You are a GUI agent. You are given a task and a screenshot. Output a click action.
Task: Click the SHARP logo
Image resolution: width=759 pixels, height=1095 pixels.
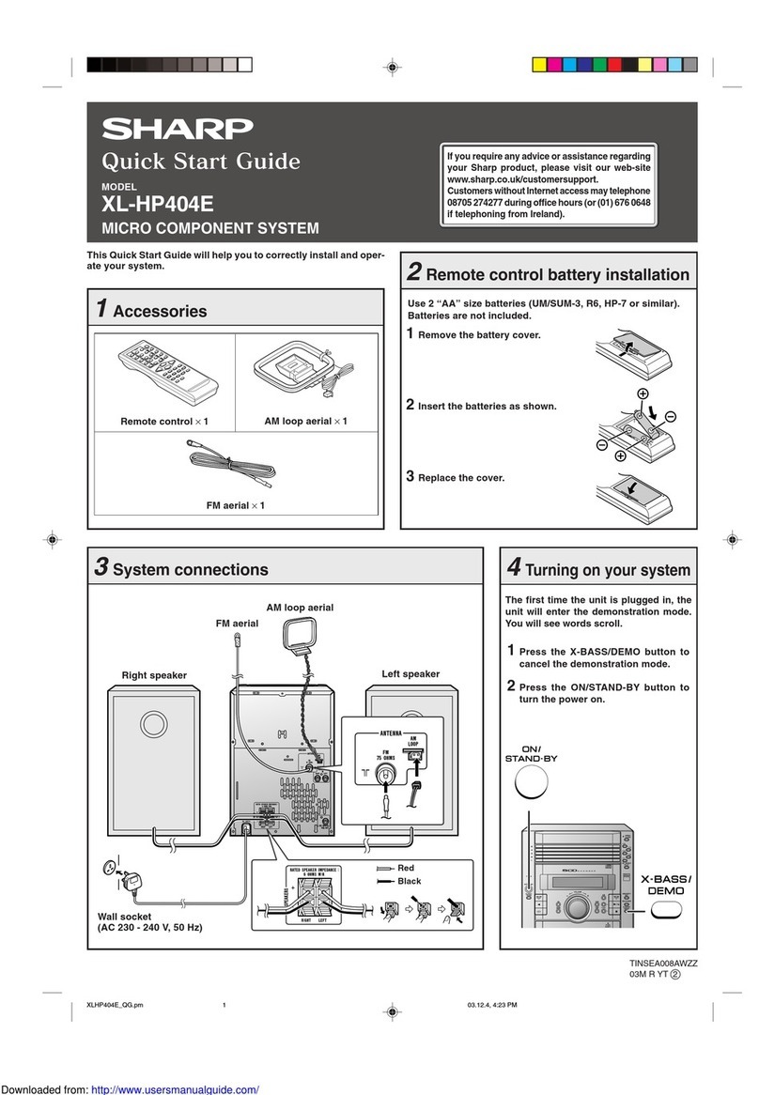pos(178,128)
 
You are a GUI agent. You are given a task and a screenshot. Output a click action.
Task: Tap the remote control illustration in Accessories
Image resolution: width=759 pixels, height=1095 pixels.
pos(163,370)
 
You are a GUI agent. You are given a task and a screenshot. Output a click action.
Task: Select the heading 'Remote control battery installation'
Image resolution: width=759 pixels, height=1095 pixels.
pos(558,274)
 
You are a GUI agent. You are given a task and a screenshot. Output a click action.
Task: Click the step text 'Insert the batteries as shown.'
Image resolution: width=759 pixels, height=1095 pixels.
pos(487,406)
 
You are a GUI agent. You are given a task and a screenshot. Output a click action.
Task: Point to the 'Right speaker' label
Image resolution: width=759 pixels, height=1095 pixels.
pos(153,674)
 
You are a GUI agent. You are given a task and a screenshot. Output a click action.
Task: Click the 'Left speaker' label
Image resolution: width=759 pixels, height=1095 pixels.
pos(410,673)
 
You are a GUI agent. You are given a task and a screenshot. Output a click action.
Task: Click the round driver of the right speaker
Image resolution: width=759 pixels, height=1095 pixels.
pos(152,724)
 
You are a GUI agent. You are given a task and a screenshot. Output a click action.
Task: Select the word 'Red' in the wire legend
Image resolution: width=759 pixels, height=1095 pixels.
pos(406,868)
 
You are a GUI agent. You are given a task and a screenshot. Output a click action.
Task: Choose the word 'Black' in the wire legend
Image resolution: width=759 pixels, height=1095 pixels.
pos(410,882)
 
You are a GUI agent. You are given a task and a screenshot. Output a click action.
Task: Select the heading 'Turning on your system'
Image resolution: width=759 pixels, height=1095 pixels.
pos(608,570)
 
